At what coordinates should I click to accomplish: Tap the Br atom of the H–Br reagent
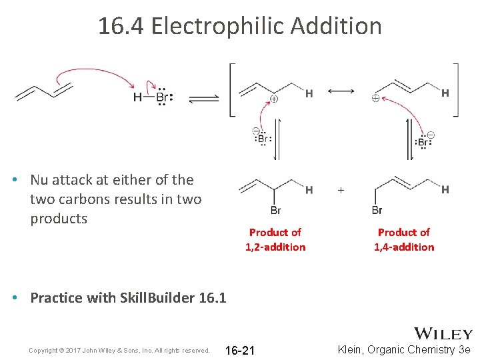tap(163, 98)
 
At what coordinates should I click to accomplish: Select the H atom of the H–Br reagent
tap(137, 98)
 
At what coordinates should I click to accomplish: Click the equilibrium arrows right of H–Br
tap(203, 99)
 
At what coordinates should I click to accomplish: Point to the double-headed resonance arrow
tap(341, 91)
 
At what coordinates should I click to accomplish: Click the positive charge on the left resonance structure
tap(273, 99)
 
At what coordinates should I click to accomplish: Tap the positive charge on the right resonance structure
tap(375, 99)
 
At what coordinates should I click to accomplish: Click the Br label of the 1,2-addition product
tap(275, 211)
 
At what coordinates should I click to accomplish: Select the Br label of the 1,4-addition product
tap(377, 211)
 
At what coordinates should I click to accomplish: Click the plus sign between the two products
tap(341, 190)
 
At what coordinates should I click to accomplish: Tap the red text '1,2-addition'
tap(275, 247)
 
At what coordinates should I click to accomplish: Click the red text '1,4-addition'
tap(404, 247)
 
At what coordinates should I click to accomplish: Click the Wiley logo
tap(443, 334)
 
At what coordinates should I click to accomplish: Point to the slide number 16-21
tap(240, 351)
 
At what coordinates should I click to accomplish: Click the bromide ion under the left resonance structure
tap(262, 139)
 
